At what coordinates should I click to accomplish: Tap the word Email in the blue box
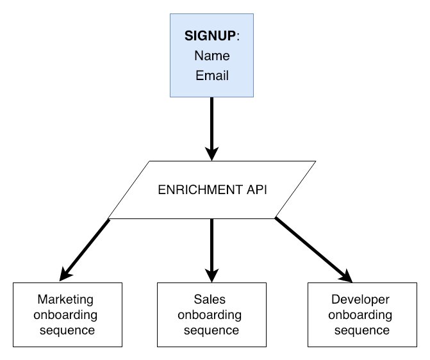point(211,76)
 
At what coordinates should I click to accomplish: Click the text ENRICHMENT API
point(211,190)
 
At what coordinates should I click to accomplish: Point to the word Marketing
point(66,300)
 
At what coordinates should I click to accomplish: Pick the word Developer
point(361,300)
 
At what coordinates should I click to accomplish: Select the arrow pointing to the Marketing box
point(87,248)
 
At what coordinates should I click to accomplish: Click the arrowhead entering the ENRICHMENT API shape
point(211,154)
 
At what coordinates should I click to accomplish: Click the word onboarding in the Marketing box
point(66,315)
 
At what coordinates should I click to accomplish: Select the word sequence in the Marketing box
point(66,331)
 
